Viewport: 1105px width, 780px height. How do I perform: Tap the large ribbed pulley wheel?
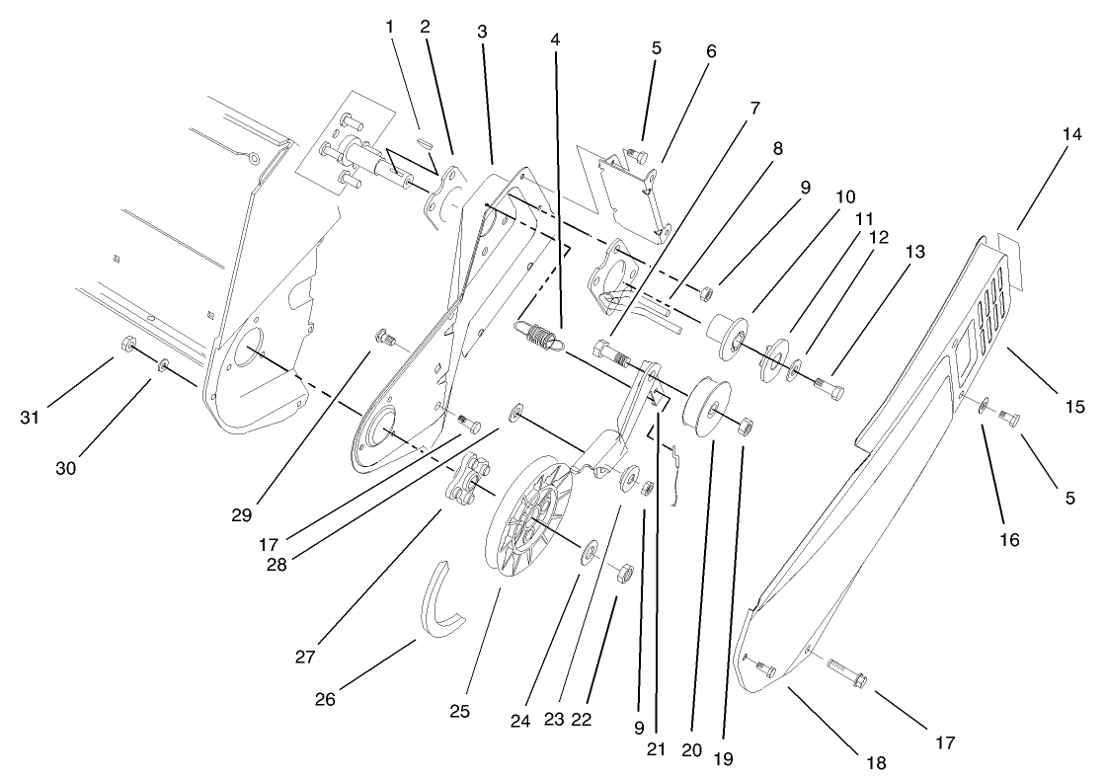(x=532, y=513)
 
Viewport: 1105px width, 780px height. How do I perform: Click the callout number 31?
(x=31, y=418)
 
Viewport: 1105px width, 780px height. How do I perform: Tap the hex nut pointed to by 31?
(x=127, y=345)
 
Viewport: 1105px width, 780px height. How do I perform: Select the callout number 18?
(x=875, y=762)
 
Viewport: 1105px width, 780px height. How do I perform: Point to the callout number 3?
(x=481, y=31)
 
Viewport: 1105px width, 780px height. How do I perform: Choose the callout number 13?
(x=914, y=252)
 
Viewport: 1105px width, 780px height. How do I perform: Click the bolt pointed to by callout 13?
(x=829, y=386)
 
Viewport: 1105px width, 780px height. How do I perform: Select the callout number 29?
(x=243, y=515)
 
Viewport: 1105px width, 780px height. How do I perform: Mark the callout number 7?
(x=754, y=108)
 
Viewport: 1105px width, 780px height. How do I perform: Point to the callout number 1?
(x=390, y=27)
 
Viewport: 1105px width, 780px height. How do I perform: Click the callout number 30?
(x=65, y=468)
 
